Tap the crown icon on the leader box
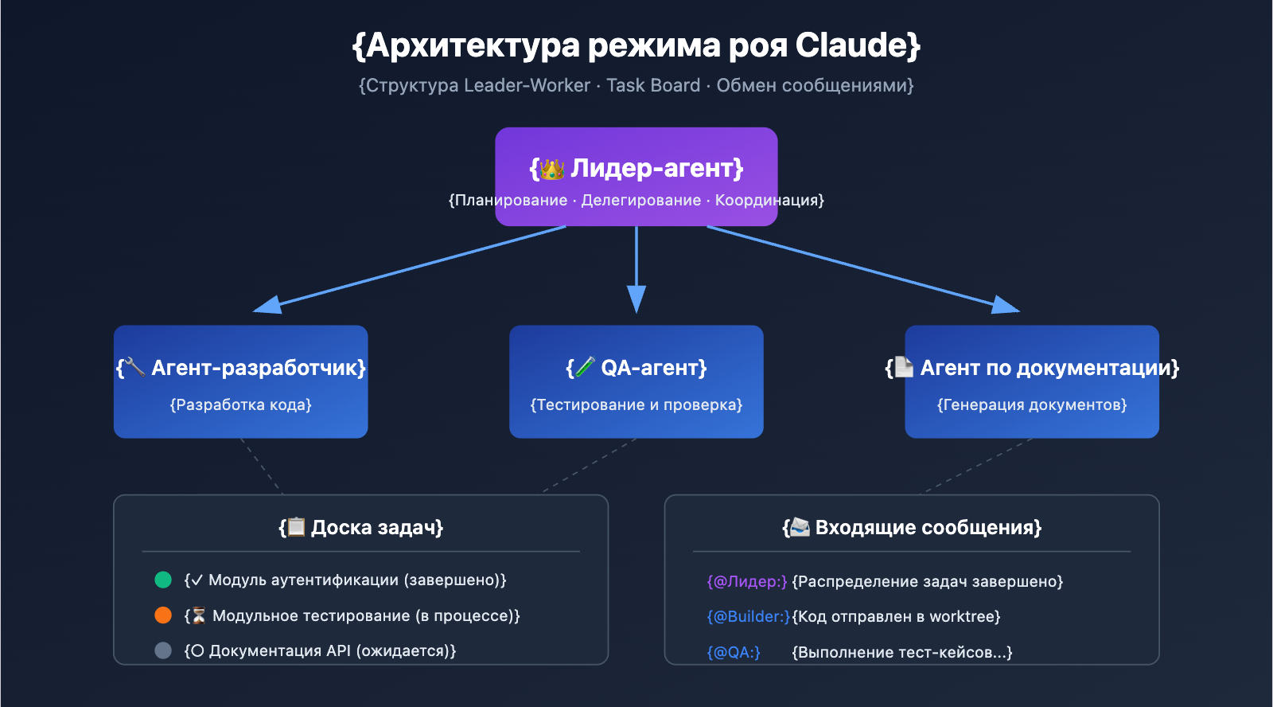[551, 169]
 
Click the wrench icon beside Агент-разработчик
[135, 367]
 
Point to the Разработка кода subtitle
[240, 405]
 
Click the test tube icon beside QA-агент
[585, 367]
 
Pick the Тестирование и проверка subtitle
[636, 405]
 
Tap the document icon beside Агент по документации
[904, 367]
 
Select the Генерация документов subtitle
[1032, 405]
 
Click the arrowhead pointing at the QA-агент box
[636, 300]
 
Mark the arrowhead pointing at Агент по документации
[1006, 305]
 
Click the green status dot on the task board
[163, 580]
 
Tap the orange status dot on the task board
[163, 615]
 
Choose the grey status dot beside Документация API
[163, 650]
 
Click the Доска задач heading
[376, 528]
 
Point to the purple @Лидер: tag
[747, 582]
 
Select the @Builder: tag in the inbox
[749, 617]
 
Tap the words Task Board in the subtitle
[653, 86]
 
